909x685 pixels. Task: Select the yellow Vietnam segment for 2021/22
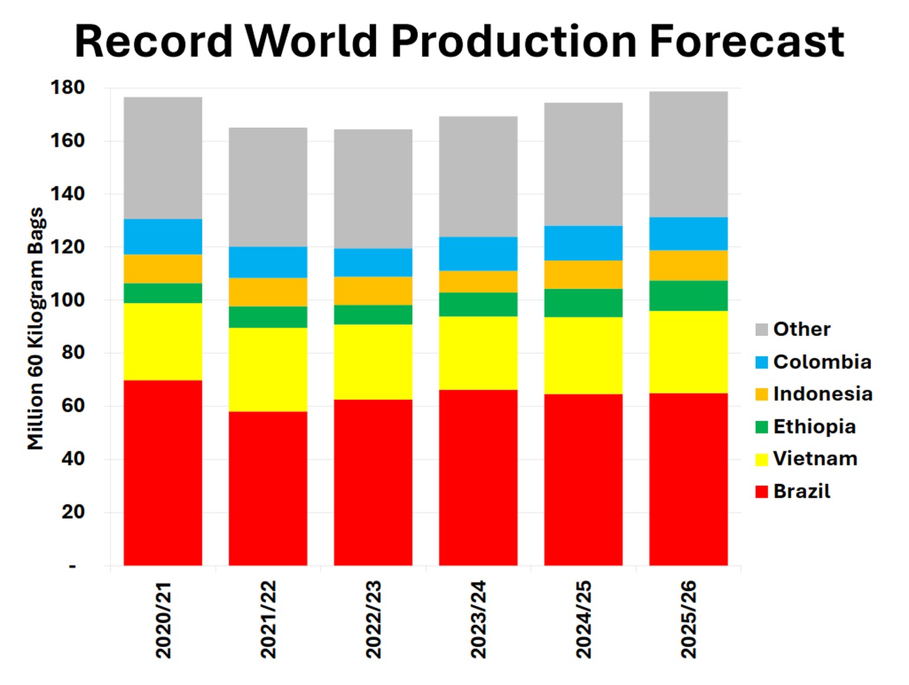pos(267,369)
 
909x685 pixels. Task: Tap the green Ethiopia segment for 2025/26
pos(688,295)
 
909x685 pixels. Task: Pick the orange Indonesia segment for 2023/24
pos(478,281)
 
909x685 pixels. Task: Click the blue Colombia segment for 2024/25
pos(583,243)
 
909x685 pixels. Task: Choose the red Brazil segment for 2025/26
pos(688,479)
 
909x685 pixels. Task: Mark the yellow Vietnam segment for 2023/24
pos(478,353)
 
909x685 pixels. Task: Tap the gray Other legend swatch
pos(762,330)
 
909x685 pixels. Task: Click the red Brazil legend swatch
pos(762,492)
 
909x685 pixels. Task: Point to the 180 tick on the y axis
pos(67,88)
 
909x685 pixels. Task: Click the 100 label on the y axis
pos(67,300)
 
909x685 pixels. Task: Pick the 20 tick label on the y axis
pos(73,512)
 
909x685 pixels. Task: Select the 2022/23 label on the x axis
pos(373,619)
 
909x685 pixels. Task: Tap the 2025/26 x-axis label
pos(688,619)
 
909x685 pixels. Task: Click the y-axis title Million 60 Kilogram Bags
pos(36,328)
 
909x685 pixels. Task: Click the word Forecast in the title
pos(746,41)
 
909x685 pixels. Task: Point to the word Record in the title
pos(154,41)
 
